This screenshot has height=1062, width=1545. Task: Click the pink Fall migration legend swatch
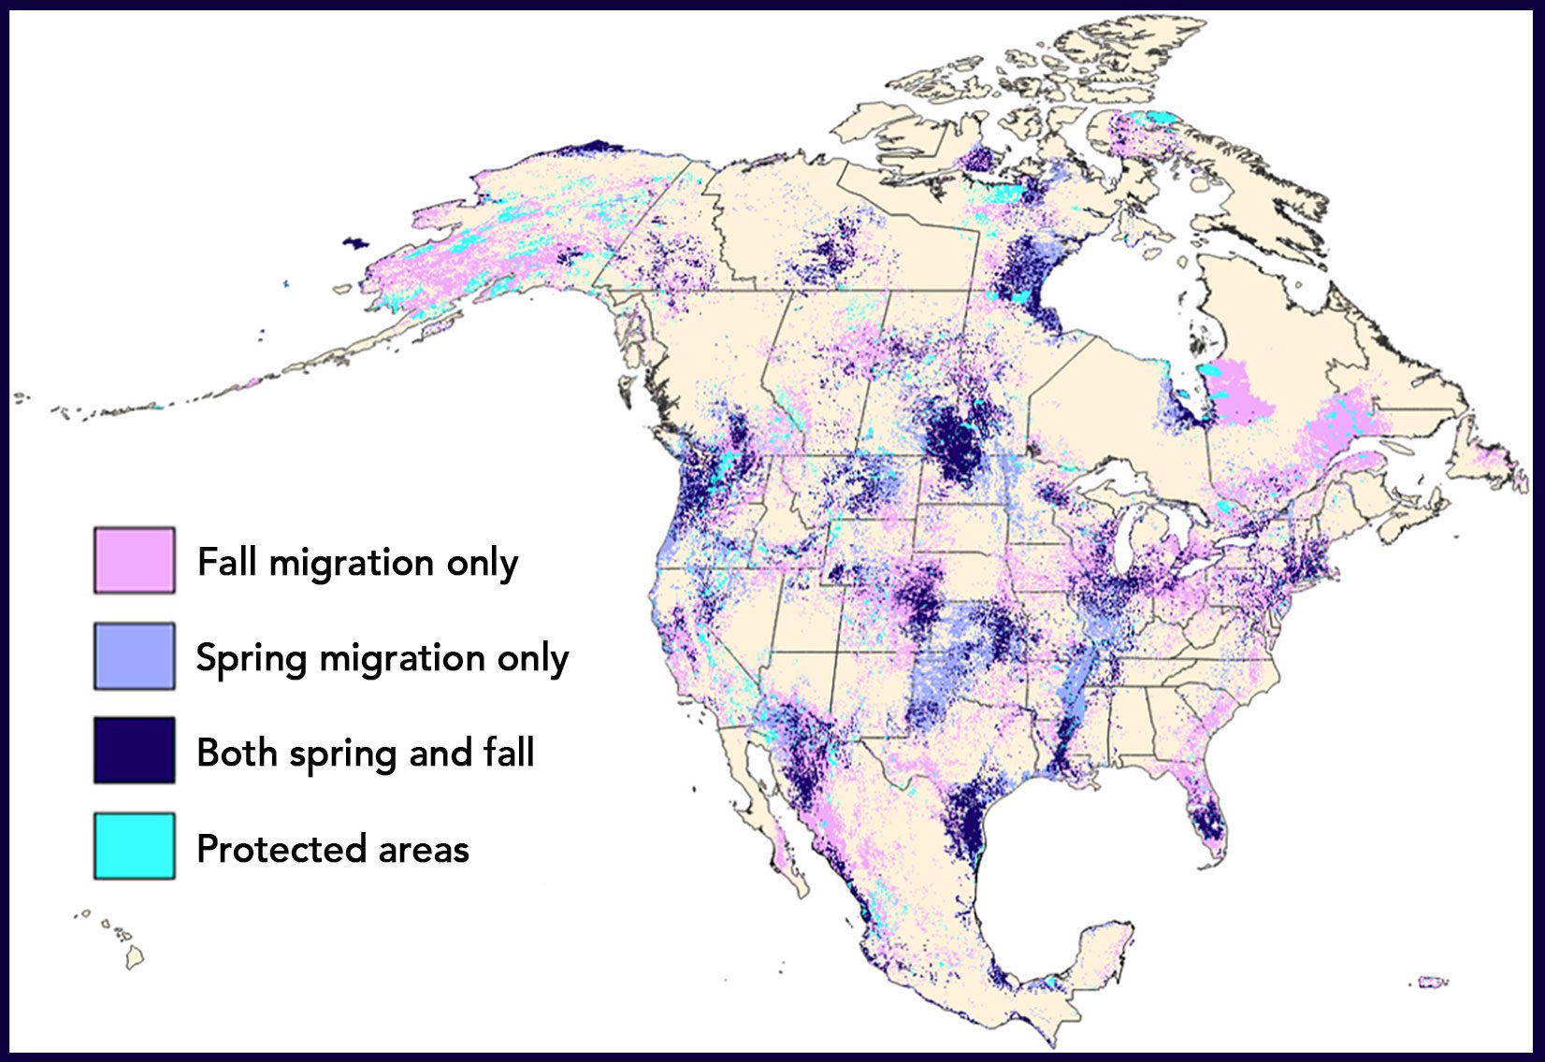tap(134, 560)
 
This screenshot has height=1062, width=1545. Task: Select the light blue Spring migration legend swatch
tap(134, 656)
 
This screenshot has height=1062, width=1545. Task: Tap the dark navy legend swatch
tap(134, 750)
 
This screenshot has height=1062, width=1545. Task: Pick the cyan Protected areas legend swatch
tap(134, 846)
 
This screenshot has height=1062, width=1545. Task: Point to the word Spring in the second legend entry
tap(251, 659)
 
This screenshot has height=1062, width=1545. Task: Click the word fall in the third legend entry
tap(508, 753)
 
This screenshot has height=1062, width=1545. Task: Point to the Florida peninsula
tap(1206, 818)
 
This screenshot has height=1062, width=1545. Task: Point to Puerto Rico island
tap(1428, 982)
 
